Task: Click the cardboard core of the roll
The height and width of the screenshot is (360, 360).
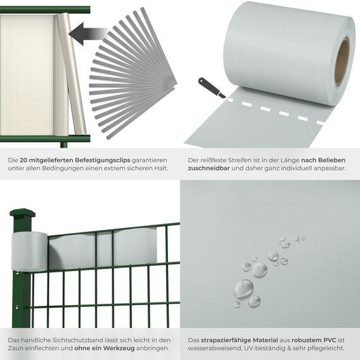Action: pos(342,61)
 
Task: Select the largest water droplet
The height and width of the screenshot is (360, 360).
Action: pos(244,289)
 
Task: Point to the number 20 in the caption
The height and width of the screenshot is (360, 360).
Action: pos(25,161)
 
